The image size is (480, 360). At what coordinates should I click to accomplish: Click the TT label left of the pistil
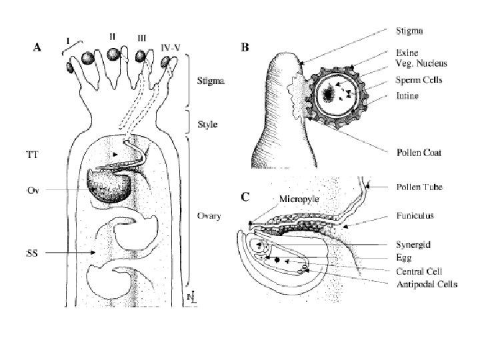31,154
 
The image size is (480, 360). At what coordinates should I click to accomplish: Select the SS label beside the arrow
31,253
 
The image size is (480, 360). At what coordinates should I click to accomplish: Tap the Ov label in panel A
32,191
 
